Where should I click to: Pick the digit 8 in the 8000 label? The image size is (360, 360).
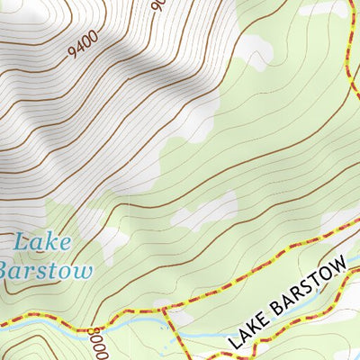click(x=94, y=333)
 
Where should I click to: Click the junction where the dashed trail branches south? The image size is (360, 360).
click(x=166, y=310)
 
